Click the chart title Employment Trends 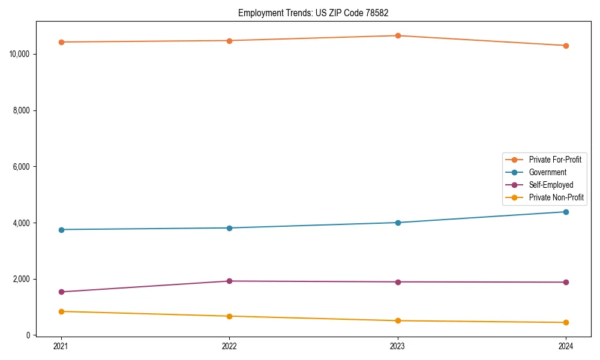pos(317,13)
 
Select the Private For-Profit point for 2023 pos(397,35)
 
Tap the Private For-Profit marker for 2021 pos(61,42)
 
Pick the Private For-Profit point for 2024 pos(566,46)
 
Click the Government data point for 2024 pos(566,212)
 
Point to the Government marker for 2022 pos(229,228)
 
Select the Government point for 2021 pos(61,230)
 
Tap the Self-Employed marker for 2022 pos(229,281)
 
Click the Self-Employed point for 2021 pos(61,292)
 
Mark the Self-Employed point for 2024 pos(566,282)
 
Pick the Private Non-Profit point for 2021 pos(61,311)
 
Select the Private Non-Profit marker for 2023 pos(397,320)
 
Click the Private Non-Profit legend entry pos(556,197)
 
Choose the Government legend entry pos(547,172)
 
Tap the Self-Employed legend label pos(551,185)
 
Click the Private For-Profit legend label pos(554,160)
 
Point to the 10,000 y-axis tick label pos(20,54)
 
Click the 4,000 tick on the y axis pos(22,223)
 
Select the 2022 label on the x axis pos(229,346)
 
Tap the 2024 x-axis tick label pos(566,346)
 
